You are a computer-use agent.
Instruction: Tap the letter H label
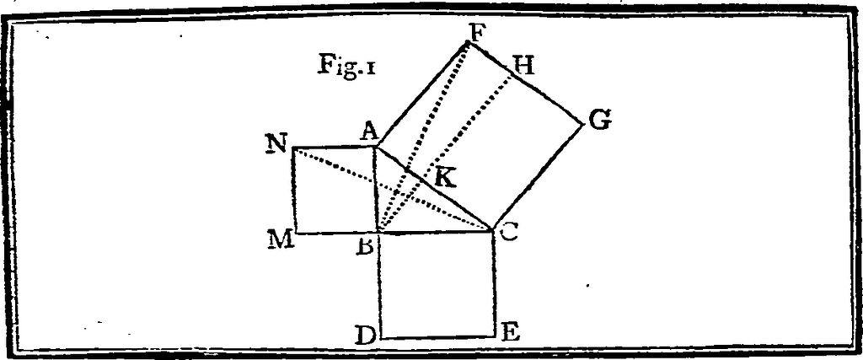pyautogui.click(x=524, y=66)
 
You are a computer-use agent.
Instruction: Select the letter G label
pyautogui.click(x=599, y=121)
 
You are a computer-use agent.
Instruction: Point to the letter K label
pyautogui.click(x=445, y=178)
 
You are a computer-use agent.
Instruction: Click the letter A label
pyautogui.click(x=367, y=131)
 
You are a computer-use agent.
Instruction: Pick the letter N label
pyautogui.click(x=275, y=144)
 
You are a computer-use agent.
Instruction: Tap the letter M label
pyautogui.click(x=280, y=239)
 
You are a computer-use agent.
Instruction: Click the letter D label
pyautogui.click(x=365, y=335)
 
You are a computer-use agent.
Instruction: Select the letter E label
pyautogui.click(x=510, y=331)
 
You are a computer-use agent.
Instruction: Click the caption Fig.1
pyautogui.click(x=346, y=67)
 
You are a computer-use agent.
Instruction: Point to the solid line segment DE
pyautogui.click(x=438, y=337)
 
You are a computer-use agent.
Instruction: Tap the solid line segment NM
pyautogui.click(x=293, y=191)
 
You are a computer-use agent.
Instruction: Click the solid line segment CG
pyautogui.click(x=538, y=176)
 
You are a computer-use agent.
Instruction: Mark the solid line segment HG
pyautogui.click(x=548, y=94)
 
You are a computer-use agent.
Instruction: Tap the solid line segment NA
pyautogui.click(x=334, y=148)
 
